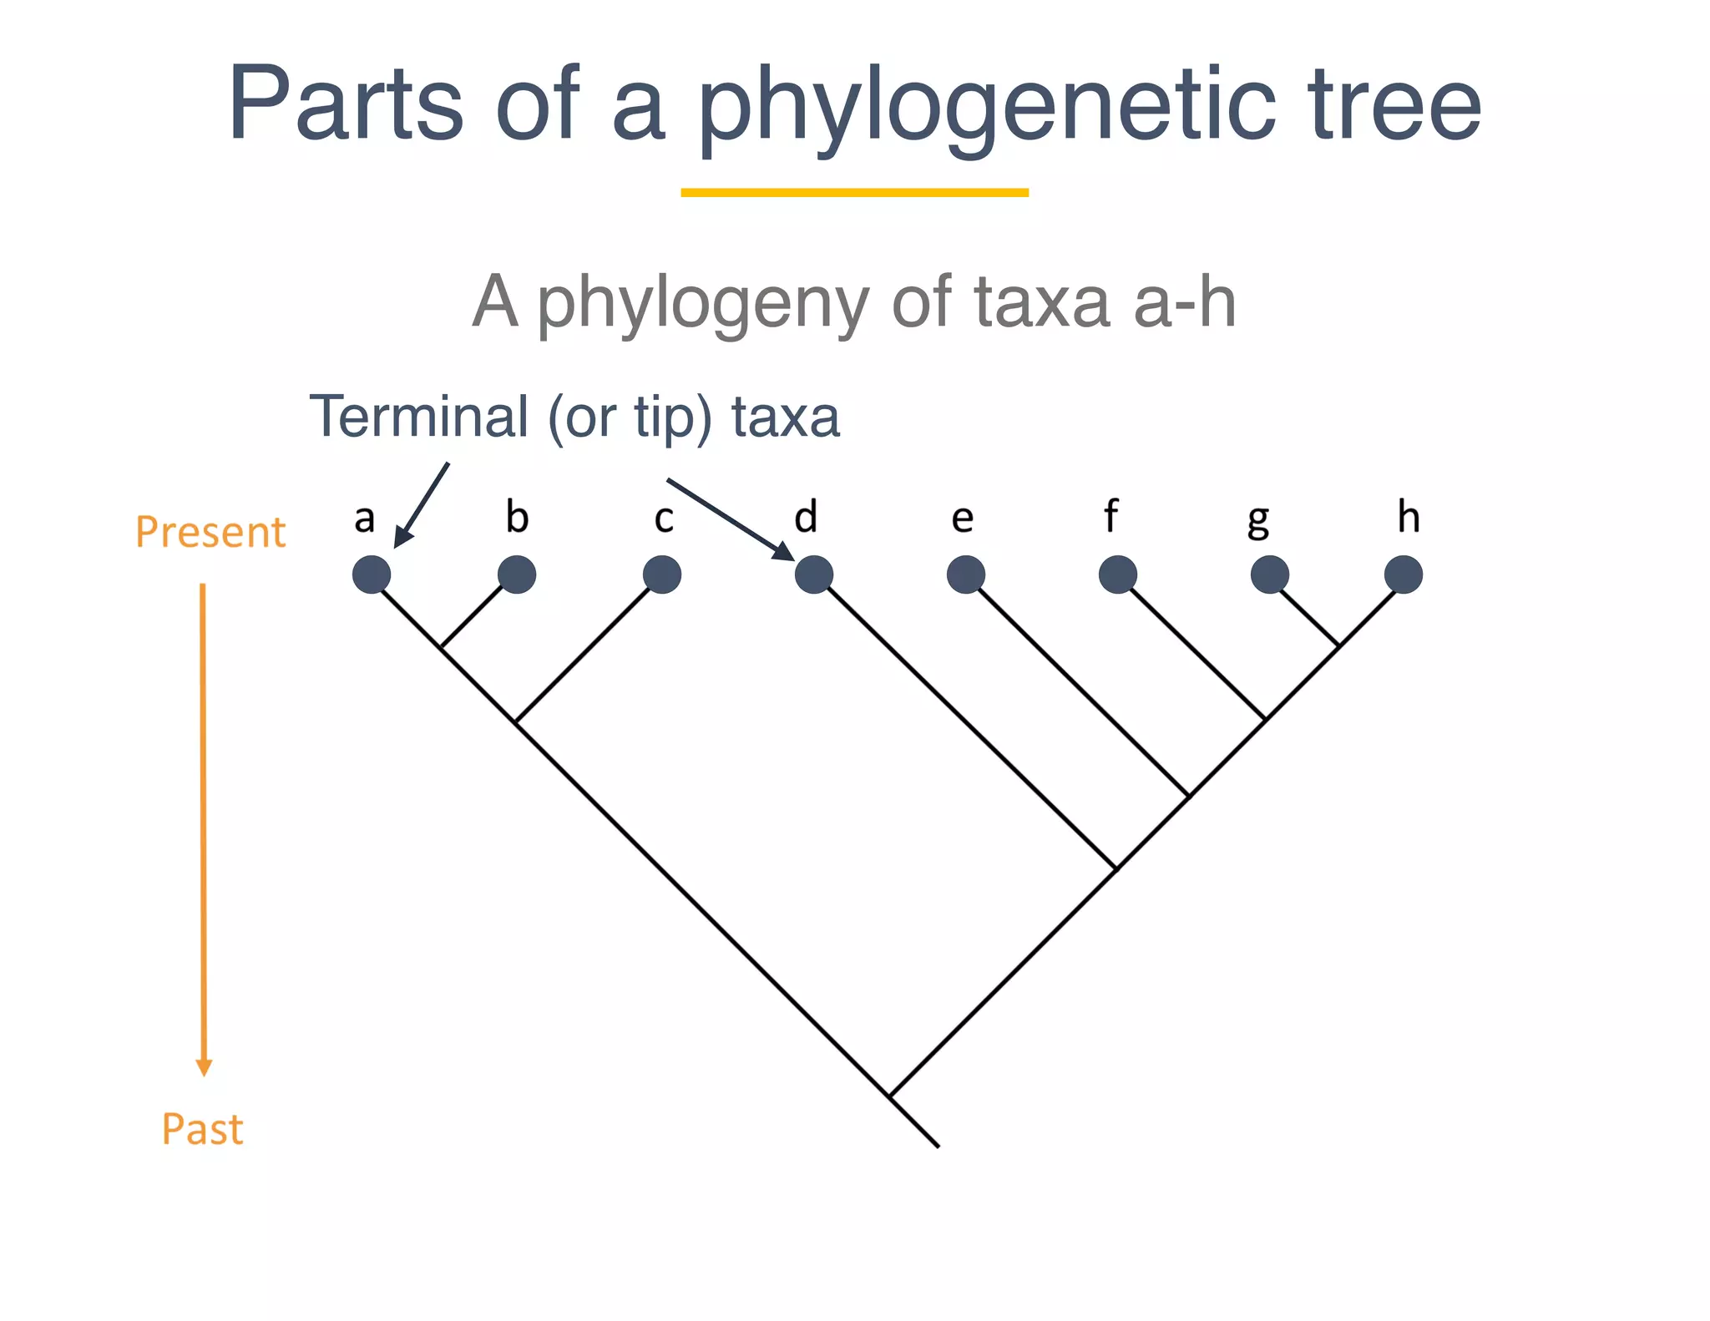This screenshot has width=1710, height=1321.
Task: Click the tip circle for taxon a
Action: pyautogui.click(x=372, y=574)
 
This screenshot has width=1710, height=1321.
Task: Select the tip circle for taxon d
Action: pyautogui.click(x=813, y=574)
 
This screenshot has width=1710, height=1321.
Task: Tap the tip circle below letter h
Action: pyautogui.click(x=1404, y=574)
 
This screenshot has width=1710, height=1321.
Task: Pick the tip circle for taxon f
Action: pyautogui.click(x=1117, y=574)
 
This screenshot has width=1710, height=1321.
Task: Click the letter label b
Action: pyautogui.click(x=517, y=517)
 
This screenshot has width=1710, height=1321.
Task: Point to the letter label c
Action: pyautogui.click(x=664, y=519)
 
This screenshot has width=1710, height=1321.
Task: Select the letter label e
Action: pyautogui.click(x=963, y=519)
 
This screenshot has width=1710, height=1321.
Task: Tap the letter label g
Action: pyautogui.click(x=1258, y=521)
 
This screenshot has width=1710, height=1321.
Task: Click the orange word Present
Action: pyautogui.click(x=210, y=532)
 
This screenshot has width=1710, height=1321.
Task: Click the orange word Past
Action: pyautogui.click(x=203, y=1129)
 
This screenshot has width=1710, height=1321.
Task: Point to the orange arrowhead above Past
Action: pyautogui.click(x=204, y=1067)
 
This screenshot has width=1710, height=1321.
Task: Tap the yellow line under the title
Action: pyautogui.click(x=854, y=193)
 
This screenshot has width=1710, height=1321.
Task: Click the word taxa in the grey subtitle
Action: pyautogui.click(x=1042, y=301)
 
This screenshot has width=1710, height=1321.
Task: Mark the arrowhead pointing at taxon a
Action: pyautogui.click(x=402, y=539)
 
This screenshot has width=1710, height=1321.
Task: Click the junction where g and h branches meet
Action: pyautogui.click(x=1338, y=645)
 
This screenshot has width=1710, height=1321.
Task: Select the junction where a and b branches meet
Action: pyautogui.click(x=442, y=647)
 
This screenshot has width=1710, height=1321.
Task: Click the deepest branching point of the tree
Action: pyautogui.click(x=890, y=1096)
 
